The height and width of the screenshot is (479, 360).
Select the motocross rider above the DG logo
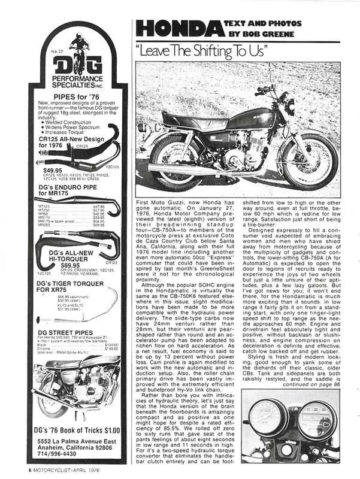tap(78, 43)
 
